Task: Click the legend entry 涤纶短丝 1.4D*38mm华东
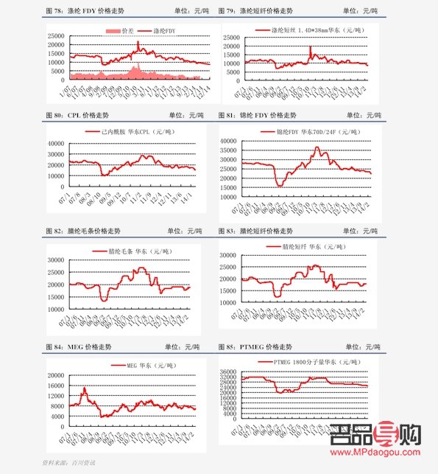[308, 30]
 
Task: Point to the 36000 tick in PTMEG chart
[230, 372]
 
